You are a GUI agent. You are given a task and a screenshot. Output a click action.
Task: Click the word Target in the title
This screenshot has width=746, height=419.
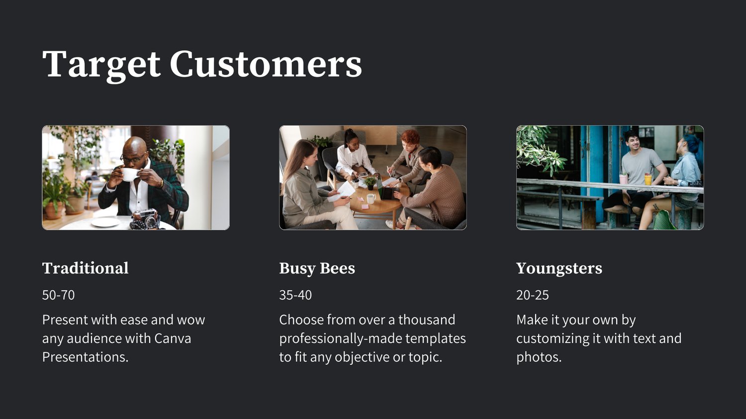coord(101,66)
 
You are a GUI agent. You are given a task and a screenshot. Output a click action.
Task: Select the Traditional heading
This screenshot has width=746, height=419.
coord(85,268)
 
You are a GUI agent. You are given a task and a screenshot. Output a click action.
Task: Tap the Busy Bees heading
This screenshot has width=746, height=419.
coord(317,269)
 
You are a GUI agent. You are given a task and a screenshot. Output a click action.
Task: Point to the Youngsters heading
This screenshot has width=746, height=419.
coord(559,269)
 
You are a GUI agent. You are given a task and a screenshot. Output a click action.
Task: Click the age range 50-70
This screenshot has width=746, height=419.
coord(58,295)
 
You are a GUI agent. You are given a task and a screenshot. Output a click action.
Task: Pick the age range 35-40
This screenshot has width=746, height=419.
coord(295,295)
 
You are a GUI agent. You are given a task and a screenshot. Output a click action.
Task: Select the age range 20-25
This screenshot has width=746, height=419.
coord(533,295)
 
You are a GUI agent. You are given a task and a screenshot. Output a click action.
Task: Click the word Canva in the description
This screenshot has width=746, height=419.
coord(173,339)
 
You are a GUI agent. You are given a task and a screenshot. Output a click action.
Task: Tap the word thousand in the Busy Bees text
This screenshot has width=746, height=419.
coord(427,320)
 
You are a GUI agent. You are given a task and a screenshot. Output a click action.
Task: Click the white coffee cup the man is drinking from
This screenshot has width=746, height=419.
coord(130,174)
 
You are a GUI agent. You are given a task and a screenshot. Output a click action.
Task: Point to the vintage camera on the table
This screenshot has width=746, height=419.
coord(146,218)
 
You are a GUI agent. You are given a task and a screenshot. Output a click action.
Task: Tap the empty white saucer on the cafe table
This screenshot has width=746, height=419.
coord(105,222)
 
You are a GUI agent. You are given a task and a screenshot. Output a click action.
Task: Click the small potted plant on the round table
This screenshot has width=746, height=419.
coord(370,183)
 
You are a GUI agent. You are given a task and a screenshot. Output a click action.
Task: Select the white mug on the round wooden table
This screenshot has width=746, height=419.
coord(371,199)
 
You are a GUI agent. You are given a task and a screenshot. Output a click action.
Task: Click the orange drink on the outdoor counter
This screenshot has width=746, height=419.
coord(648,179)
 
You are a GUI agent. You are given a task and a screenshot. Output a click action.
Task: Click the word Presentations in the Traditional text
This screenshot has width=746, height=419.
coord(85,357)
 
